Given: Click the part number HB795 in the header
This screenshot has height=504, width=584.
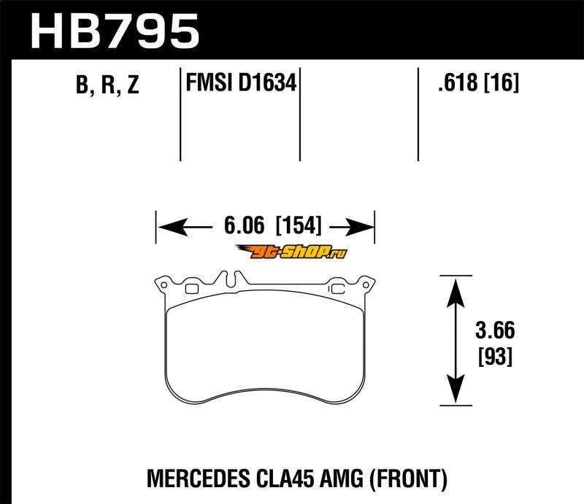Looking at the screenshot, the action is (x=115, y=31).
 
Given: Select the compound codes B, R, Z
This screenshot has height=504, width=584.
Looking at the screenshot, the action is (x=107, y=85).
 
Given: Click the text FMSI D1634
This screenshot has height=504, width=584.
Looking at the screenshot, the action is (x=241, y=82).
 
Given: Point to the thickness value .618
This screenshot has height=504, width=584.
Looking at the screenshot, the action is (x=458, y=82).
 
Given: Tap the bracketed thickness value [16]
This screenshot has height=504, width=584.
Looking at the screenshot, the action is (x=502, y=82).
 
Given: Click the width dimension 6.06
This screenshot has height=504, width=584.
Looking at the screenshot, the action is (x=245, y=225).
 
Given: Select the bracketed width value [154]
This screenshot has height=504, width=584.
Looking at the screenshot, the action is (x=299, y=225).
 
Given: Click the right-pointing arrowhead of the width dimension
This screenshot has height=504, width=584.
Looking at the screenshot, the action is (x=359, y=227).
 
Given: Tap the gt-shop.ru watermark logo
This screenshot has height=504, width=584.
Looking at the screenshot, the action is (x=291, y=252).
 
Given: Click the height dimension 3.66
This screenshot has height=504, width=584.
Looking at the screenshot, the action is (x=495, y=330).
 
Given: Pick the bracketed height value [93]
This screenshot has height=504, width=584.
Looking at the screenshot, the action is (x=496, y=356).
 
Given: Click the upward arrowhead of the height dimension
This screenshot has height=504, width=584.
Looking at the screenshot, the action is (x=456, y=293).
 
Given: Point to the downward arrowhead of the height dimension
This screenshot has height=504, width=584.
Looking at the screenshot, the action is (x=456, y=389).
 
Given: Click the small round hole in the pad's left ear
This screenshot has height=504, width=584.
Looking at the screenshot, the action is (x=164, y=285).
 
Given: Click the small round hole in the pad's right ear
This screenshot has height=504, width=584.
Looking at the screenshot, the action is (x=366, y=285).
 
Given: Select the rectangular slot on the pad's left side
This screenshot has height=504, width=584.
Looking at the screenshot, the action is (x=192, y=289).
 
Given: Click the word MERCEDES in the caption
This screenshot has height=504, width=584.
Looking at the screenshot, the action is (x=198, y=478).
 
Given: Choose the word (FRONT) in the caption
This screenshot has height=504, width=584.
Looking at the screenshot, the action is (x=408, y=479).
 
